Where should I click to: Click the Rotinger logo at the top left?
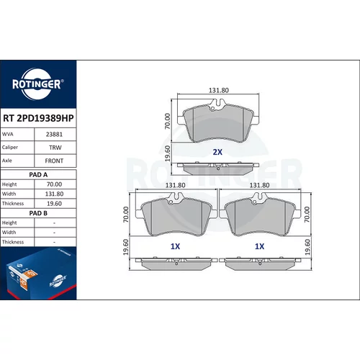38,84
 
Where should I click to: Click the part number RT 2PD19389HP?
38,118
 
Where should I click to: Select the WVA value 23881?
54,135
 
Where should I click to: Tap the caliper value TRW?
55,148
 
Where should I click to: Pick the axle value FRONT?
54,161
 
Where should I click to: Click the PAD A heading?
38,175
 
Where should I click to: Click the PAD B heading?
38,213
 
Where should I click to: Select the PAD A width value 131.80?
54,194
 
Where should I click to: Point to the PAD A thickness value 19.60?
54,204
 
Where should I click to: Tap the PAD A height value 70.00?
54,184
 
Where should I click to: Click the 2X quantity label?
217,152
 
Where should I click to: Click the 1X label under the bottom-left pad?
175,246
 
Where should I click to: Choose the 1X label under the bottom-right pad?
259,246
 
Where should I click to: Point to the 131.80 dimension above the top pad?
219,90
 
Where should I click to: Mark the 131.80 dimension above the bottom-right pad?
259,185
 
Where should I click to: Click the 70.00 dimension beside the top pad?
167,121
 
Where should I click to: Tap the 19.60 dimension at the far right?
307,247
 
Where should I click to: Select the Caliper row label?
10,147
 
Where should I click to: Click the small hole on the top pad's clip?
212,109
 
